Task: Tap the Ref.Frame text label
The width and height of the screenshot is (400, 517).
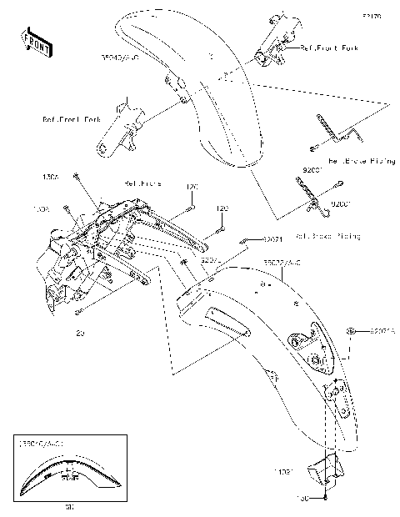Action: [142, 182]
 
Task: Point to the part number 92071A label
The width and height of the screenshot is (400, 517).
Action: [382, 331]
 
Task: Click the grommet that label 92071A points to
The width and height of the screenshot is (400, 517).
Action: [354, 332]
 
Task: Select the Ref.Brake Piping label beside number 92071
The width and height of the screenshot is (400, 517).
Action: [328, 237]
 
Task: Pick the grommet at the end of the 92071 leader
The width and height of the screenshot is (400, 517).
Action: [244, 240]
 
